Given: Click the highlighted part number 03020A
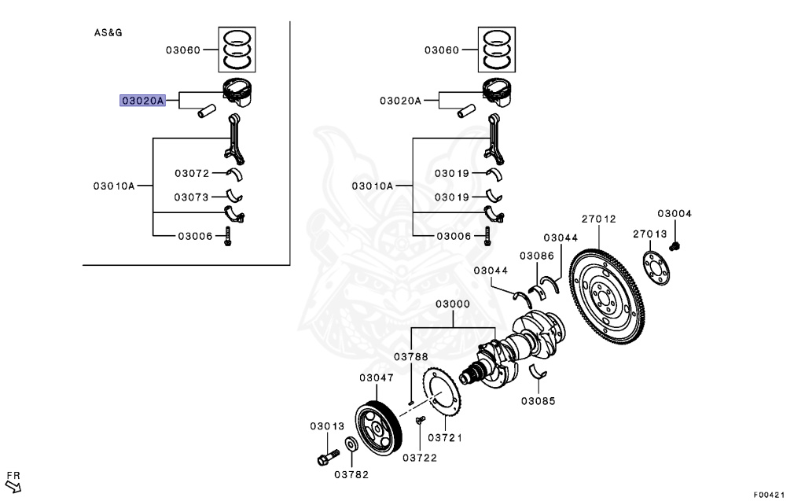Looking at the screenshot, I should click(x=142, y=101).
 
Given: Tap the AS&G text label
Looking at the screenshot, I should click(x=108, y=33).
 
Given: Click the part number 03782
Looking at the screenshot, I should click(x=351, y=474).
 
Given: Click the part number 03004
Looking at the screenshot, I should click(x=674, y=213).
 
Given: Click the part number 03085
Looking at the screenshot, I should click(x=537, y=400).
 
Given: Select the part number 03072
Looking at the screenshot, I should click(x=192, y=173).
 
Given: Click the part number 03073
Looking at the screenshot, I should click(x=192, y=197).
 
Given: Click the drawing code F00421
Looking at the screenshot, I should click(x=770, y=495).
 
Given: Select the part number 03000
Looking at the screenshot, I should click(x=453, y=304).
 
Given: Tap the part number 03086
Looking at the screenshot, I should click(x=537, y=256).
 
